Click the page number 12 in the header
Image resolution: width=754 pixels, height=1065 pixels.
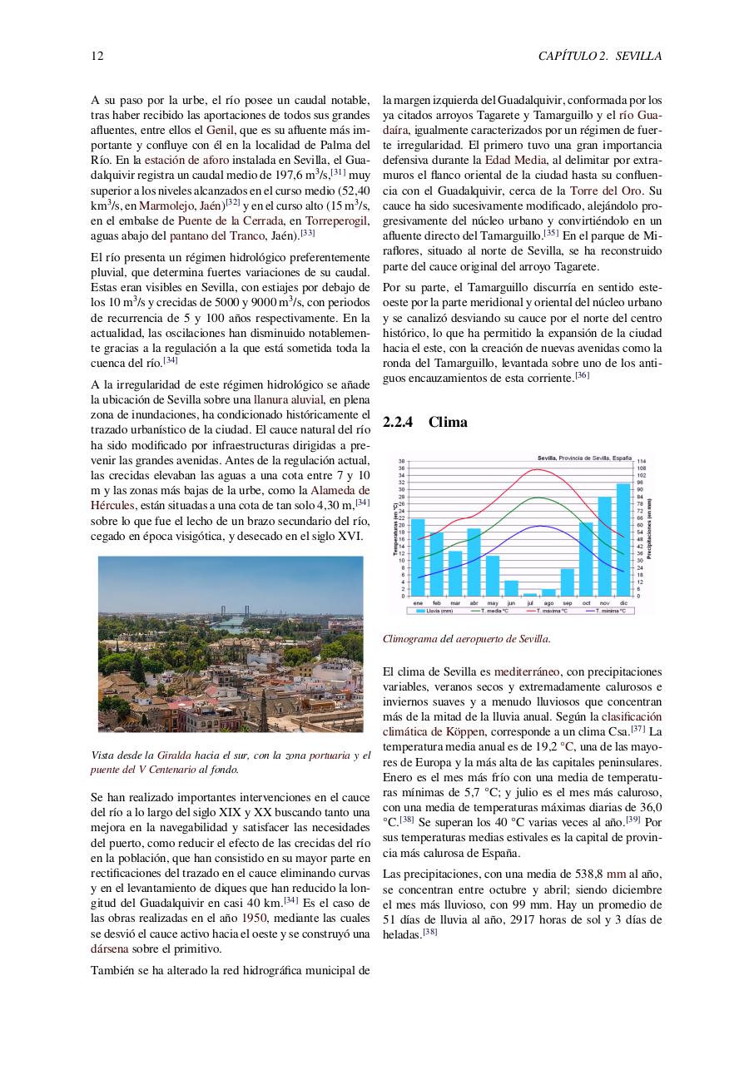pyautogui.click(x=97, y=57)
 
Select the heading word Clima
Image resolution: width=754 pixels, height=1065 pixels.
pyautogui.click(x=448, y=423)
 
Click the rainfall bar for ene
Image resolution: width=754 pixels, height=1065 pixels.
pyautogui.click(x=418, y=557)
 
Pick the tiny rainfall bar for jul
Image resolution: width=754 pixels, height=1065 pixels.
pyautogui.click(x=530, y=594)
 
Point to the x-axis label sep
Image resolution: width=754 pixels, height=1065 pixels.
pyautogui.click(x=568, y=602)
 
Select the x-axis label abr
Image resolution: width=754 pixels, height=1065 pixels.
pyautogui.click(x=474, y=602)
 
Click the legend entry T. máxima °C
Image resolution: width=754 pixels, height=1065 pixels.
pyautogui.click(x=546, y=611)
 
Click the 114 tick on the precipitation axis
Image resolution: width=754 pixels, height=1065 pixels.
pyautogui.click(x=642, y=461)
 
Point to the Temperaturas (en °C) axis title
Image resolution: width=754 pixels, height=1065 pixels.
pyautogui.click(x=396, y=528)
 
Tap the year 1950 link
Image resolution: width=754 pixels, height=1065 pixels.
pyautogui.click(x=254, y=919)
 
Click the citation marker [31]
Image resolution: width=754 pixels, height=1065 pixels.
pyautogui.click(x=338, y=173)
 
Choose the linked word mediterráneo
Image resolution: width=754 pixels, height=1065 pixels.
pyautogui.click(x=527, y=671)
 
